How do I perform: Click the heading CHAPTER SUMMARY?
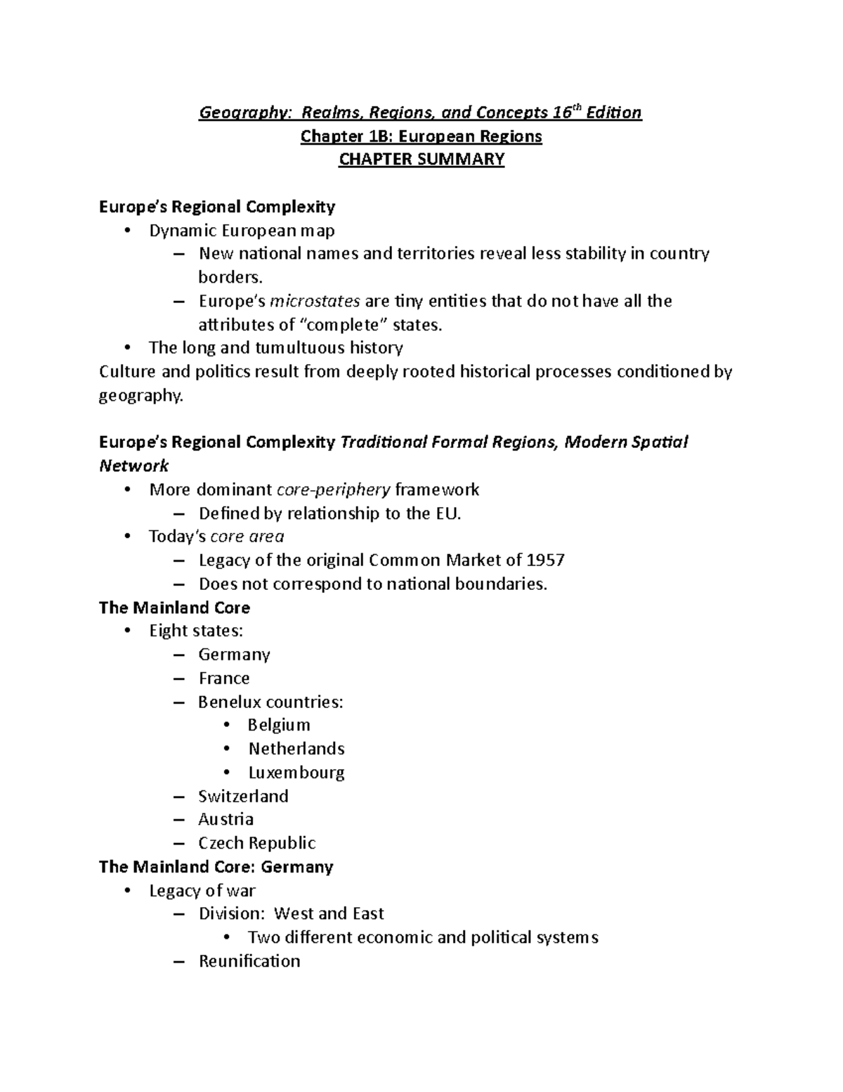coord(421,160)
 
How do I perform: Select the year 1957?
coord(546,560)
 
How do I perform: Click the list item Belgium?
coord(279,725)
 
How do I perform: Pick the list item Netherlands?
coord(296,749)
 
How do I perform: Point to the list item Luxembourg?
coord(296,773)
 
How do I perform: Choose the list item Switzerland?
coord(243,796)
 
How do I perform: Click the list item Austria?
coord(226,820)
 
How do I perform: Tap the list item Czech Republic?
coord(256,843)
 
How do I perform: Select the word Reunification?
coord(249,961)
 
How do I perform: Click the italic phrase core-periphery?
coord(334,490)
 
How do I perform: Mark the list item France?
coord(223,679)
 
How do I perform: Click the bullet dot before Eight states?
coord(127,631)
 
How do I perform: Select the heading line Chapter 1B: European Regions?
coord(421,136)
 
